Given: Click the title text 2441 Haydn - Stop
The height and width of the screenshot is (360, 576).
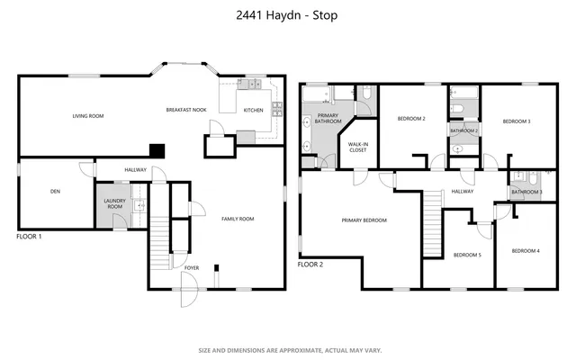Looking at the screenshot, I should coord(288,15).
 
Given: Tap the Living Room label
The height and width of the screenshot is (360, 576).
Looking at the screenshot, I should coord(88,116).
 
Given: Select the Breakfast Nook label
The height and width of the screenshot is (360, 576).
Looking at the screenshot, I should coord(186,110).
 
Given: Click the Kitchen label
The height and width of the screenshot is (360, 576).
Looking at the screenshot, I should coord(254,111).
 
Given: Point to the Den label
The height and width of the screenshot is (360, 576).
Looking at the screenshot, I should coord(55,191).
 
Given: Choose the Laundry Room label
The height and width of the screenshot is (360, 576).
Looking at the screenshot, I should coord(113,204).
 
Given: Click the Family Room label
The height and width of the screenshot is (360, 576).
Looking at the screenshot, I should coord(238,219).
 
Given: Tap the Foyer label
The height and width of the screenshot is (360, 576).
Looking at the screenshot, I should coord(192,267).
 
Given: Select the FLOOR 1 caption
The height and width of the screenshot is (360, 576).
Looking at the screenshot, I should coord(30,236).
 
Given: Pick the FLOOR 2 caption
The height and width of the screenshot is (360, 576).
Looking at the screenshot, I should coord(310,265).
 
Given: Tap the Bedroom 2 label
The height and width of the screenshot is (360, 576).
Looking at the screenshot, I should coord(411,119).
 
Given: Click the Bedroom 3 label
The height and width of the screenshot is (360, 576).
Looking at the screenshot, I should coord(516,121).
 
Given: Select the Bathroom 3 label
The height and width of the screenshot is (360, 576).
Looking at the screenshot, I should coord(526,192).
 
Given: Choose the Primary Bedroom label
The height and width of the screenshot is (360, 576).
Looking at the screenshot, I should coord(364,220).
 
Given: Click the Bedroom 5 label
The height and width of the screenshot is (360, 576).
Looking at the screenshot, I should coord(467,255).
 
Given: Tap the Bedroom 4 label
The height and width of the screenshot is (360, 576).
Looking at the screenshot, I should coord(526,250).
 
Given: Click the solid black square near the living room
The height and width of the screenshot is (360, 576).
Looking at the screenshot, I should coord(157,151).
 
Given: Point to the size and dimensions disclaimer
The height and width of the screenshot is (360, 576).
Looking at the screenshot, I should coord(288,350).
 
